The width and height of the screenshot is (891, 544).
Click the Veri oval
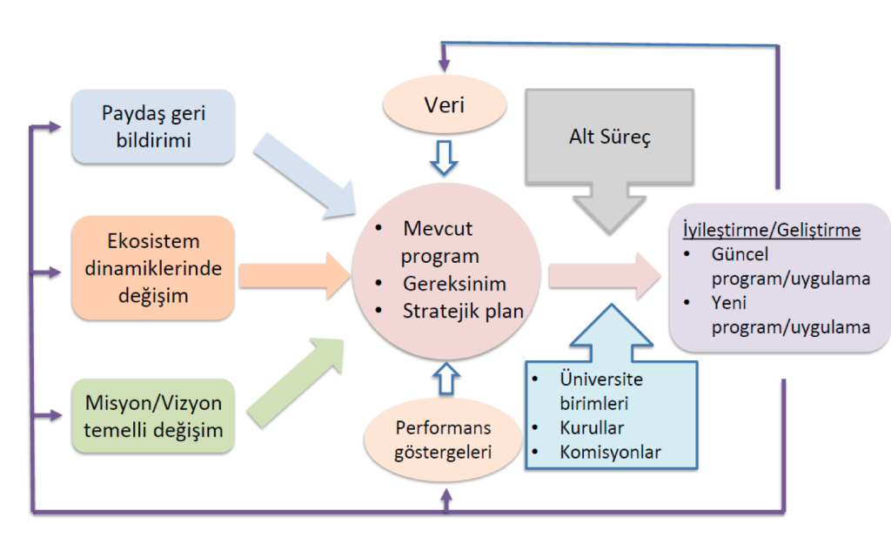pyautogui.click(x=445, y=106)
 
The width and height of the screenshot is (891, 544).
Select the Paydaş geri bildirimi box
pyautogui.click(x=153, y=126)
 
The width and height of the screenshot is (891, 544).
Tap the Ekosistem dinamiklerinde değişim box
pyautogui.click(x=153, y=268)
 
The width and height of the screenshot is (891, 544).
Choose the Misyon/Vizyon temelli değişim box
pyautogui.click(x=153, y=415)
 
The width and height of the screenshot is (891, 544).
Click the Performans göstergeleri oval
pyautogui.click(x=444, y=440)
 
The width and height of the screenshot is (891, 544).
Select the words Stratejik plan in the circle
pyautogui.click(x=463, y=310)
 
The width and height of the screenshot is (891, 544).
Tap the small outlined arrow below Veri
pyautogui.click(x=444, y=159)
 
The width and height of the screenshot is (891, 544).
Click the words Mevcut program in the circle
pyautogui.click(x=439, y=243)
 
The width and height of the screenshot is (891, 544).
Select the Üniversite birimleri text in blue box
pyautogui.click(x=600, y=392)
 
